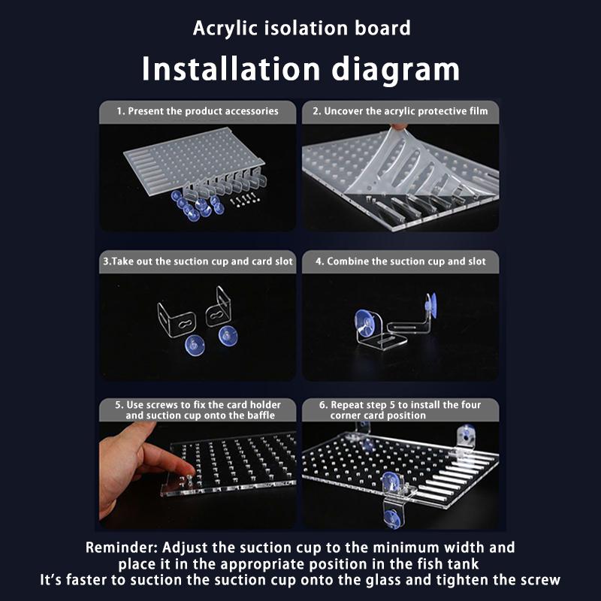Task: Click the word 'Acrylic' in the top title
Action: (225, 29)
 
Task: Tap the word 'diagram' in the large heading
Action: (395, 69)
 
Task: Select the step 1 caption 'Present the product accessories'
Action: (203, 111)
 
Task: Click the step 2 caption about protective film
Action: (400, 111)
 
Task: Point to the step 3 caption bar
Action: (198, 261)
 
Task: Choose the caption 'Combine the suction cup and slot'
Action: (400, 261)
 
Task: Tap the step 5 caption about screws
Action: (198, 410)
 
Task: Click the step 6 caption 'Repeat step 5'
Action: (400, 410)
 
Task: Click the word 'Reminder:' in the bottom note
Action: (122, 548)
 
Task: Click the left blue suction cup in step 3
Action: (195, 345)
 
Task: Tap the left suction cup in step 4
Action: (364, 322)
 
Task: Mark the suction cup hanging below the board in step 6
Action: (392, 518)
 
